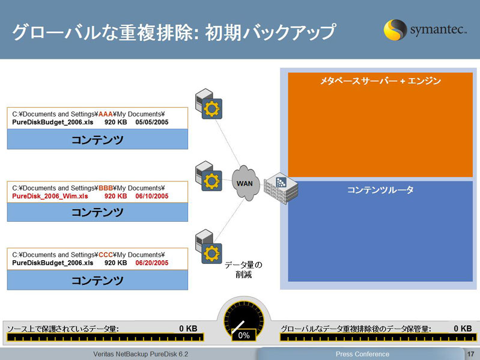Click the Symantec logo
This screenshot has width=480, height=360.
(425, 29)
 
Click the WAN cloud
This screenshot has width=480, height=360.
(246, 183)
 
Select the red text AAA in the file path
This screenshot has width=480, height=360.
(106, 114)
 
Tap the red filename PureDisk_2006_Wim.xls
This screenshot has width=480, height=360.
(50, 196)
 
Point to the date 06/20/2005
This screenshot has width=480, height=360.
(152, 263)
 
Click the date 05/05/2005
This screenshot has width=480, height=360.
(152, 122)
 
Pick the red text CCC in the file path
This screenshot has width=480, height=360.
(106, 255)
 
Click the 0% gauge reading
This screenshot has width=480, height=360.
(244, 335)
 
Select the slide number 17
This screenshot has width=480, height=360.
(471, 354)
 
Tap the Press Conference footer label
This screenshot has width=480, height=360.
(362, 354)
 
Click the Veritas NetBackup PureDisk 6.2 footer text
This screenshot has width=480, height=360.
(141, 354)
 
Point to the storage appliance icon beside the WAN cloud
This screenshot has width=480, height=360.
(281, 188)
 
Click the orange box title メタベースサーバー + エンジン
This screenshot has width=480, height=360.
(380, 81)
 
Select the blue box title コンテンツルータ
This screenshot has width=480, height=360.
(380, 190)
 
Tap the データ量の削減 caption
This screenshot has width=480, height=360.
(244, 270)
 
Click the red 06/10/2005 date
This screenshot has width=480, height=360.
(152, 196)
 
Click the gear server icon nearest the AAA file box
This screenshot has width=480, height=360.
(208, 104)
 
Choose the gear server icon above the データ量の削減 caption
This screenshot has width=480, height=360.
(208, 246)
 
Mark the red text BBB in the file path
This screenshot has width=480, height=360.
(106, 188)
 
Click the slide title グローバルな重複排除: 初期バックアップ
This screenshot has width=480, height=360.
(174, 32)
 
